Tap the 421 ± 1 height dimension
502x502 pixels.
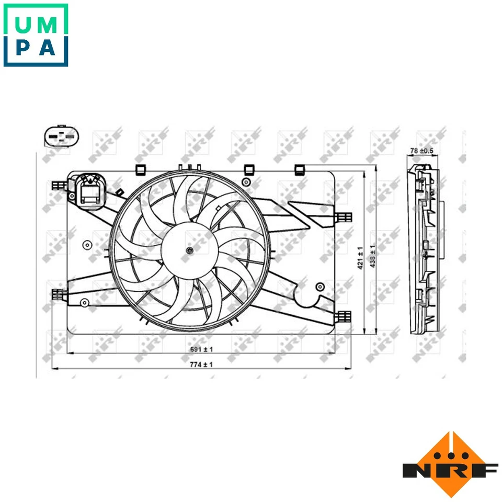coord(360,257)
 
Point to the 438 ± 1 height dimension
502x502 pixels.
coord(373,257)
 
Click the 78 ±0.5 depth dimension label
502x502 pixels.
coord(422,151)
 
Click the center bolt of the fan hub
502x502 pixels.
coord(189,252)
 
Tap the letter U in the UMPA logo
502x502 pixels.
coord(24,25)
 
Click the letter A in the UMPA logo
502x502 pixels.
coord(48,48)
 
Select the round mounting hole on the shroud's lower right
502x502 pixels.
coord(320,286)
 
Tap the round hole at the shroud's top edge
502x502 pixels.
coord(245,181)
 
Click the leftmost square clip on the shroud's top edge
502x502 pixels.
coord(140,169)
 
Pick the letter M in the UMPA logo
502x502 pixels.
coord(48,25)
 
